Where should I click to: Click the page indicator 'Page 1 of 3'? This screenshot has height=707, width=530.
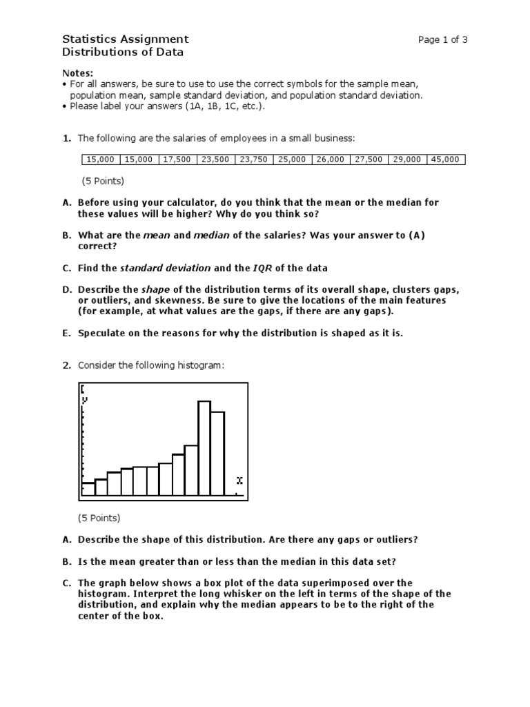click(x=442, y=39)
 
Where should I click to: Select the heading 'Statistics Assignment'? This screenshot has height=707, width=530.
click(x=125, y=39)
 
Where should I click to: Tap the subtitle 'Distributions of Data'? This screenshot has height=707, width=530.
click(x=123, y=52)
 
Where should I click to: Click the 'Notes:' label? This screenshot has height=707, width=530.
click(x=77, y=73)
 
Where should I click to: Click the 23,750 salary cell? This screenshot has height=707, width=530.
click(x=254, y=159)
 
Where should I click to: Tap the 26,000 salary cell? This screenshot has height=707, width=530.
click(x=331, y=159)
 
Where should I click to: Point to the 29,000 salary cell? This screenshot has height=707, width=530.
click(x=407, y=159)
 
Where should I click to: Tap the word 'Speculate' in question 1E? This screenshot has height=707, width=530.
click(x=103, y=333)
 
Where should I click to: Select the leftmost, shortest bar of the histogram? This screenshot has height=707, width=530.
click(x=88, y=489)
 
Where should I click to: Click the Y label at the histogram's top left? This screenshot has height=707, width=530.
click(x=85, y=399)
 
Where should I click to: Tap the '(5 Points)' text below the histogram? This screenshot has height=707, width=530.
click(x=101, y=518)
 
